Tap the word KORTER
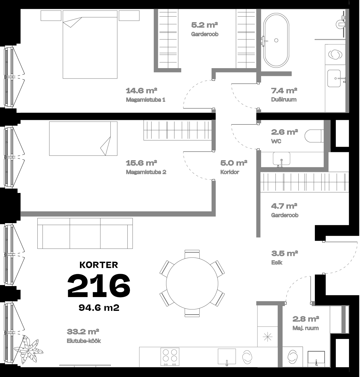(x=99, y=265)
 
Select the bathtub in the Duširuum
(x=276, y=40)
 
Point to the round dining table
(x=192, y=284)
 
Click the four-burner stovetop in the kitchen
(x=170, y=357)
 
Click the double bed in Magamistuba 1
(x=90, y=45)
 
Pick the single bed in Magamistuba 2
(x=83, y=139)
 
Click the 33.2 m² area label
(x=83, y=332)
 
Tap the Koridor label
(x=230, y=172)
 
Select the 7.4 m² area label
(x=284, y=91)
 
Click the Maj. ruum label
(x=306, y=328)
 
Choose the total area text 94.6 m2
(x=99, y=307)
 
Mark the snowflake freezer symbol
(x=267, y=337)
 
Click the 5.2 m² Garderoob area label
(x=205, y=25)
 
